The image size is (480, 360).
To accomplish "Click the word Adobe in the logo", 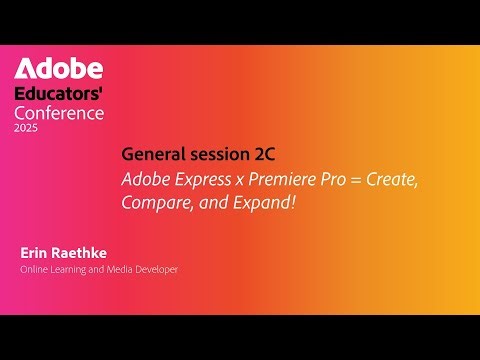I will (58, 70).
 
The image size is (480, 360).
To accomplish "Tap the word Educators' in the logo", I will (58, 94).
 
